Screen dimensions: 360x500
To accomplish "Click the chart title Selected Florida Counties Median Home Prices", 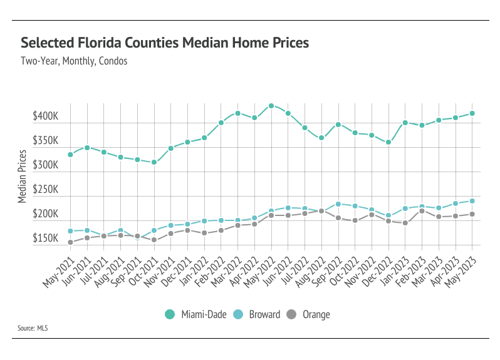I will pos(165,43).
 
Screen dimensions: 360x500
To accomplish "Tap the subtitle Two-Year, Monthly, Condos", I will pos(74,61).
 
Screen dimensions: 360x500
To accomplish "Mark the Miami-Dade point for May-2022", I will pos(271,106).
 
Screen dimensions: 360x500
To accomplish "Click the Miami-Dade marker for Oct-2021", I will pos(154,162).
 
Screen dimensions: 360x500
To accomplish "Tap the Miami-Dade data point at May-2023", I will pos(472,113).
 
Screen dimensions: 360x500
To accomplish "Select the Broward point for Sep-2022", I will pos(338,204).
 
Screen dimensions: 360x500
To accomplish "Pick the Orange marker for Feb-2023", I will pos(422,211).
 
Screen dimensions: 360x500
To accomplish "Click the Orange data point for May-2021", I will pos(70,242).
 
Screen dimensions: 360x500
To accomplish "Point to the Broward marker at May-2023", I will pos(472,201).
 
